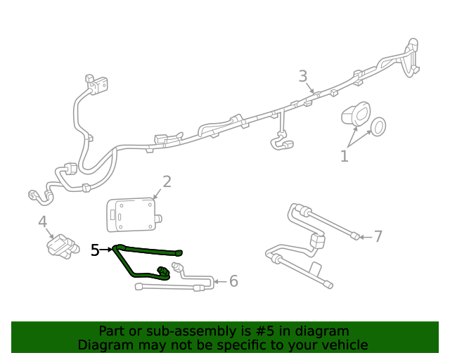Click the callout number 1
[x=344, y=156]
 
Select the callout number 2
[x=167, y=182]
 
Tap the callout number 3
[x=303, y=76]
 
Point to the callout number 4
[x=43, y=222]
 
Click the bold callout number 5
[x=96, y=250]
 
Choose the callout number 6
[x=233, y=281]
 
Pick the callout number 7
[x=378, y=236]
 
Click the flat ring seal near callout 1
[x=378, y=127]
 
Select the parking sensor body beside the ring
[x=355, y=116]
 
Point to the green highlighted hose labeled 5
[x=148, y=250]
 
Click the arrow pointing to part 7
[x=364, y=237]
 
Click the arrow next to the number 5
[x=108, y=249]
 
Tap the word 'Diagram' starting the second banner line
[x=105, y=345]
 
